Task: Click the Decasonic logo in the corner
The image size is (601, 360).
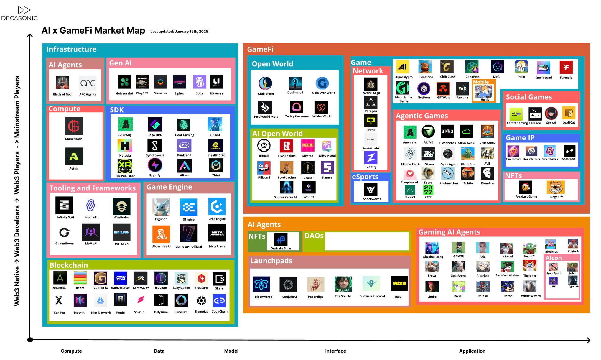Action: [19, 14]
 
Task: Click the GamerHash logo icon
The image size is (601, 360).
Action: [74, 126]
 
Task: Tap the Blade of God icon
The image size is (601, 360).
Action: [62, 83]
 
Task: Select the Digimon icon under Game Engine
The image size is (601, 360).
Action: [161, 207]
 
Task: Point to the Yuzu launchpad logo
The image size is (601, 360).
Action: [399, 284]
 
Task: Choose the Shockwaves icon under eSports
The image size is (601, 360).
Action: [371, 190]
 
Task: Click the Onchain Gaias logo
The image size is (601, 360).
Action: [281, 239]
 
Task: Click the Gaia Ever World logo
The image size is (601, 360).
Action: [322, 83]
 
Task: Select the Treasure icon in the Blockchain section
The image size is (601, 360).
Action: [201, 278]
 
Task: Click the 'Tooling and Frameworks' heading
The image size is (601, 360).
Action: [92, 188]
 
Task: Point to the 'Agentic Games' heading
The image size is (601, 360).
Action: [421, 116]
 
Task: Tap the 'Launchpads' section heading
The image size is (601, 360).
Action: [271, 261]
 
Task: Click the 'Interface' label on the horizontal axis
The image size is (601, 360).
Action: [335, 351]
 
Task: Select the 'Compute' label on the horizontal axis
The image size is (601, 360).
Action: [71, 351]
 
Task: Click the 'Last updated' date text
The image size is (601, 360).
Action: [179, 32]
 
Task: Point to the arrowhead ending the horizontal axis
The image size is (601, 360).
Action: [588, 340]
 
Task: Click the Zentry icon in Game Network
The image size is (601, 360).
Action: [371, 158]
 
